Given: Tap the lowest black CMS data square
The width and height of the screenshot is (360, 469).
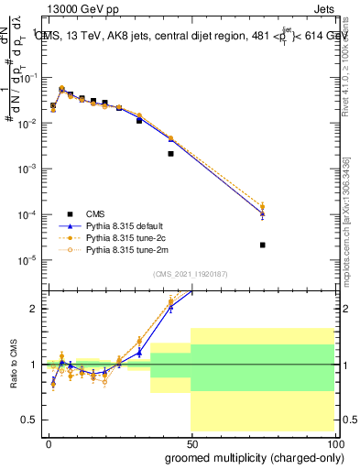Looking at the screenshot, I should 263,245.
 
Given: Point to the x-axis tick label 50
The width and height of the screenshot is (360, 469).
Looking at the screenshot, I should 191,442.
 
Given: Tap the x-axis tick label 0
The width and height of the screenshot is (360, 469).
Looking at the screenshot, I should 49,442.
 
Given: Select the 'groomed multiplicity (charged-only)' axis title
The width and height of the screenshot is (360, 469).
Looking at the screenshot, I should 250,456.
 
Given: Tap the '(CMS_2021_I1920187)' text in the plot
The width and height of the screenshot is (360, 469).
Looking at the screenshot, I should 191,274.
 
